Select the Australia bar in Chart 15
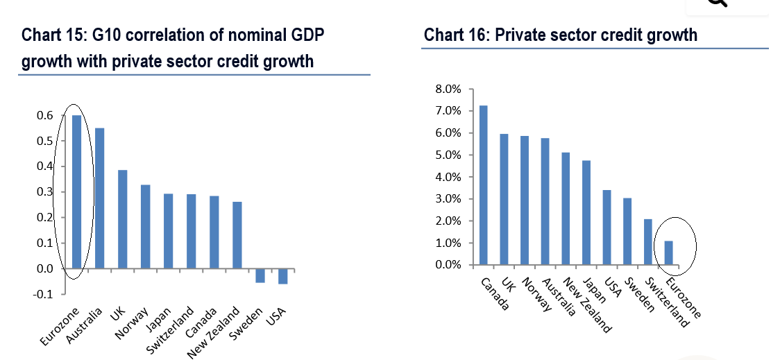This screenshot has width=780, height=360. pyautogui.click(x=99, y=198)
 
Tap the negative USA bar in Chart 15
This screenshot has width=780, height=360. pyautogui.click(x=282, y=276)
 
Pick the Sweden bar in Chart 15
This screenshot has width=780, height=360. pyautogui.click(x=260, y=275)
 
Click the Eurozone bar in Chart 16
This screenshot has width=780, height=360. pyautogui.click(x=668, y=253)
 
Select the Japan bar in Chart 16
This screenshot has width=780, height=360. pyautogui.click(x=586, y=213)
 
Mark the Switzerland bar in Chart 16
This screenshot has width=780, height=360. pyautogui.click(x=647, y=242)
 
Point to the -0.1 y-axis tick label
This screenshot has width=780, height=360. pyautogui.click(x=43, y=294)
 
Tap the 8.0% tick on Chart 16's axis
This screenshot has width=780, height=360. pyautogui.click(x=448, y=89)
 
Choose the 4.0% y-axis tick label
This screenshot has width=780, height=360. pyautogui.click(x=448, y=177)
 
